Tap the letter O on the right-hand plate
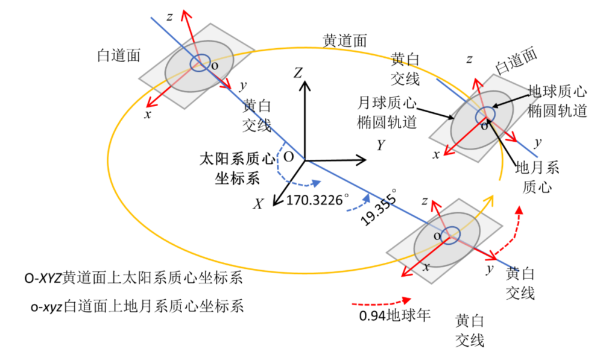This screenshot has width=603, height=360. (x=484, y=127)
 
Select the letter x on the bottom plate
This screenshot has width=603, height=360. (x=426, y=266)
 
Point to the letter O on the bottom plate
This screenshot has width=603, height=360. (x=437, y=236)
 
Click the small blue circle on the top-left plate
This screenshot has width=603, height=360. (x=200, y=63)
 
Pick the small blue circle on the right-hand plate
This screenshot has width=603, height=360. (x=485, y=115)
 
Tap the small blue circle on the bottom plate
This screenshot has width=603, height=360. (x=451, y=234)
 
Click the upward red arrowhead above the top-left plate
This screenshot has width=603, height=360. (x=185, y=14)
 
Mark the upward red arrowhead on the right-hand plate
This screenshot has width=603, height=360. (x=476, y=81)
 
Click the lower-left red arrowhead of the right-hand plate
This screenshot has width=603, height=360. (x=447, y=154)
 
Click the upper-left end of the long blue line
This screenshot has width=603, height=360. (x=151, y=17)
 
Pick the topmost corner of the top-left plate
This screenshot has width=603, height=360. (x=210, y=23)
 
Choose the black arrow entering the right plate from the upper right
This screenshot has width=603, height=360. (x=513, y=100)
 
